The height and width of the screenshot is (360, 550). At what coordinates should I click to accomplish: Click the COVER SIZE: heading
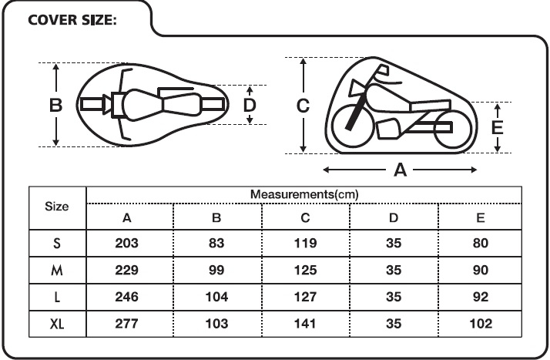(x=72, y=20)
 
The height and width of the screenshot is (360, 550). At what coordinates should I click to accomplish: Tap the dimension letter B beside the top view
(x=55, y=106)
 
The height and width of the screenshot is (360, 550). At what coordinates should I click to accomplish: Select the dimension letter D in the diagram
(x=250, y=105)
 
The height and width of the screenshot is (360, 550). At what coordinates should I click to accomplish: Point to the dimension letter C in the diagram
(x=303, y=106)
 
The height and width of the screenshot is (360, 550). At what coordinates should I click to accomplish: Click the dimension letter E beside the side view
(x=498, y=127)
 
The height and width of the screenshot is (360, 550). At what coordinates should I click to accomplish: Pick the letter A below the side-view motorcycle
(x=401, y=170)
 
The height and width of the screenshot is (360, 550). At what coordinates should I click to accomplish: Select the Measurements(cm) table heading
(x=304, y=194)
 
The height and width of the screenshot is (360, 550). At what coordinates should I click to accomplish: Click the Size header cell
(x=56, y=207)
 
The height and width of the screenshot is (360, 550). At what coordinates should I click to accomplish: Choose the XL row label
(x=57, y=324)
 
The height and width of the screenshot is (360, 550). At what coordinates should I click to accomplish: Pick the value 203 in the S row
(x=126, y=243)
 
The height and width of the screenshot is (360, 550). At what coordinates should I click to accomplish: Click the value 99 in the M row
(x=216, y=270)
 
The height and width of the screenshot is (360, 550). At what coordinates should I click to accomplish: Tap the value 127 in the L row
(x=305, y=297)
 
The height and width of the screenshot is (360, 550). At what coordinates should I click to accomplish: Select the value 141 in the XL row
(x=305, y=324)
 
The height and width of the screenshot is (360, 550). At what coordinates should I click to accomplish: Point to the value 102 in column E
(x=481, y=324)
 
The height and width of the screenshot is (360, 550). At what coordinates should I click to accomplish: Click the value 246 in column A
(x=126, y=297)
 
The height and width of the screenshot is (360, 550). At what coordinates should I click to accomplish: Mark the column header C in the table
(x=305, y=218)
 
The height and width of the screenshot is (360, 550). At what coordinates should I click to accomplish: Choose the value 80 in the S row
(x=481, y=243)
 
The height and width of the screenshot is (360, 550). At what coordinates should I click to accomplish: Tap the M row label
(x=57, y=270)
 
